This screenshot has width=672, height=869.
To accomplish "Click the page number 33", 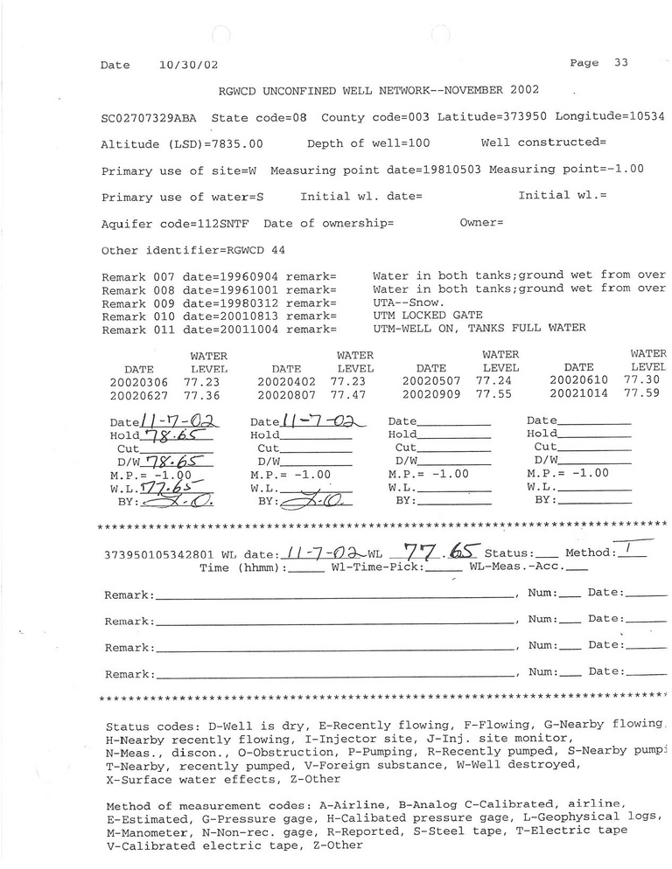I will (x=621, y=63).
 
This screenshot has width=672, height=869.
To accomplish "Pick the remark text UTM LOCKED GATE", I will (x=427, y=316).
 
